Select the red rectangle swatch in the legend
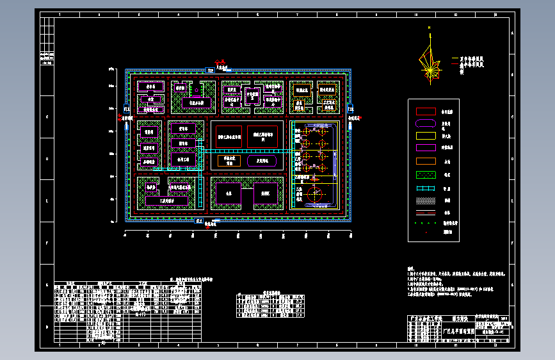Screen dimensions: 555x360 (x=426, y=111)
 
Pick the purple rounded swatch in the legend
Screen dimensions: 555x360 (x=426, y=123)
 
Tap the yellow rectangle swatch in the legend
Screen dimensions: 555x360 (x=426, y=135)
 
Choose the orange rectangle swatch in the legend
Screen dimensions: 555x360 (x=426, y=161)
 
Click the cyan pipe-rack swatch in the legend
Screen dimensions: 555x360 (x=426, y=188)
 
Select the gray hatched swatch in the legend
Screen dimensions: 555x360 (x=426, y=200)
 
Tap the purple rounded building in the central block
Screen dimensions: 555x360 (x=262, y=161)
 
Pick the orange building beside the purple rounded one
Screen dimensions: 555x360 (x=229, y=161)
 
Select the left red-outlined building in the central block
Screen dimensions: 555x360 (x=229, y=136)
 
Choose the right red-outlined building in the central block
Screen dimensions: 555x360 (x=264, y=136)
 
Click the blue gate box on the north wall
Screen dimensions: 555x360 (x=211, y=70)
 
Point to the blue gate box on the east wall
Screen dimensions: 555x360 (x=350, y=110)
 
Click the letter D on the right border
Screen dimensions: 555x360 (x=512, y=160)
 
